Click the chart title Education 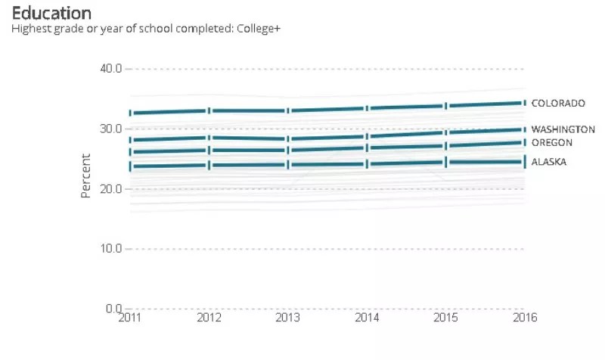(52, 13)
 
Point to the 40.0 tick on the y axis (110, 69)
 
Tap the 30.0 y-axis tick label (110, 129)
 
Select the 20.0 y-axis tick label (110, 188)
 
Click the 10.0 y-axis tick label (110, 249)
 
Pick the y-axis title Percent (86, 176)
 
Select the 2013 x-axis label (288, 318)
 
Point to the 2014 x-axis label (367, 318)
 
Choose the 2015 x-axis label (445, 318)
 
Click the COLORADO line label (558, 103)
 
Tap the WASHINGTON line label (563, 129)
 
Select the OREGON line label (552, 142)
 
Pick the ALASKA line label (549, 162)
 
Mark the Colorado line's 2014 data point (367, 108)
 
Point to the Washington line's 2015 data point (445, 132)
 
